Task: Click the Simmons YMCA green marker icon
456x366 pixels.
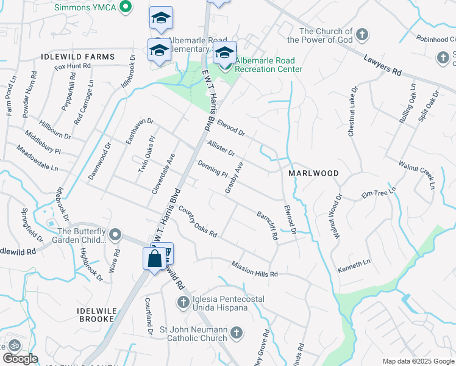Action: click(x=126, y=7)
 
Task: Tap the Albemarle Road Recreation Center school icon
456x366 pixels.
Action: click(x=224, y=53)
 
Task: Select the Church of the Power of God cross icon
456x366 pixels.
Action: click(x=362, y=34)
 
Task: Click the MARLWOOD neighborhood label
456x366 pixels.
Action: click(x=313, y=173)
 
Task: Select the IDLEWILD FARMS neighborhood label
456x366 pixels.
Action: click(x=77, y=57)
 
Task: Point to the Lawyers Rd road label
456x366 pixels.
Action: click(x=383, y=66)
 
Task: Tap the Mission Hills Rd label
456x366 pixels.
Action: click(x=254, y=269)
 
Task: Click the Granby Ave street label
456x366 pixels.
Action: click(x=233, y=178)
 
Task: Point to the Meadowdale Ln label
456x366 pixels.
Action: click(x=37, y=157)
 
